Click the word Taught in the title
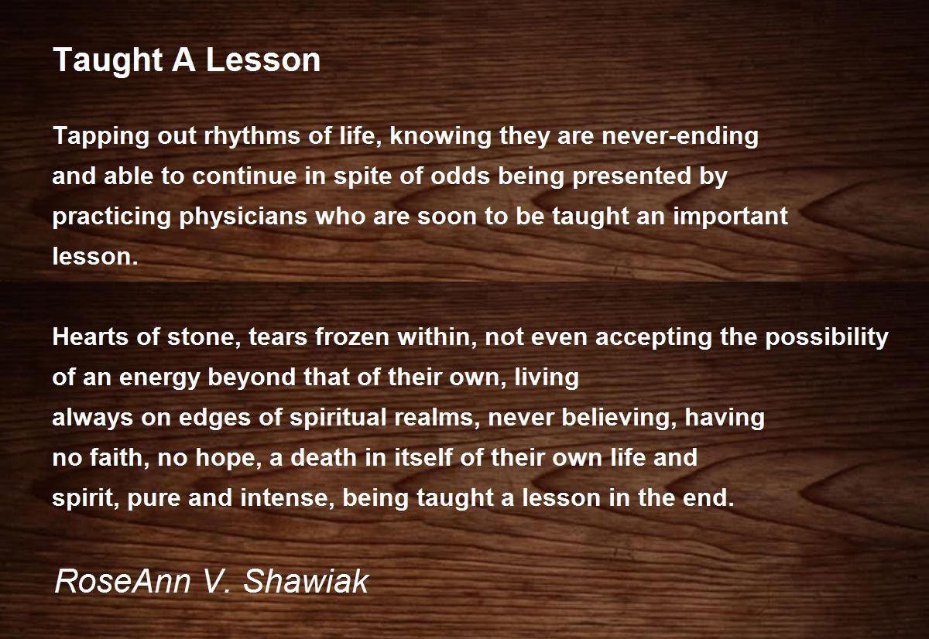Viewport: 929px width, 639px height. click(108, 61)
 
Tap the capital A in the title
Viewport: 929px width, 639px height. click(183, 60)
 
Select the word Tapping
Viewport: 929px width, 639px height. click(101, 137)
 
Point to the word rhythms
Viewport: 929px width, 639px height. click(252, 135)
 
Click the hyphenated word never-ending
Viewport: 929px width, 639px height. click(680, 137)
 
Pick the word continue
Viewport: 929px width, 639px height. click(244, 176)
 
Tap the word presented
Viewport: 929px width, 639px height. click(632, 177)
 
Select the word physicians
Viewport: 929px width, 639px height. click(243, 217)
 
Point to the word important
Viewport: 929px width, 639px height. click(730, 217)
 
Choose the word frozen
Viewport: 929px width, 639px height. click(351, 337)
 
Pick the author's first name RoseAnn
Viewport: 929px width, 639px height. click(123, 581)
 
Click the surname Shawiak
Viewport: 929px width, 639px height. click(306, 581)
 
